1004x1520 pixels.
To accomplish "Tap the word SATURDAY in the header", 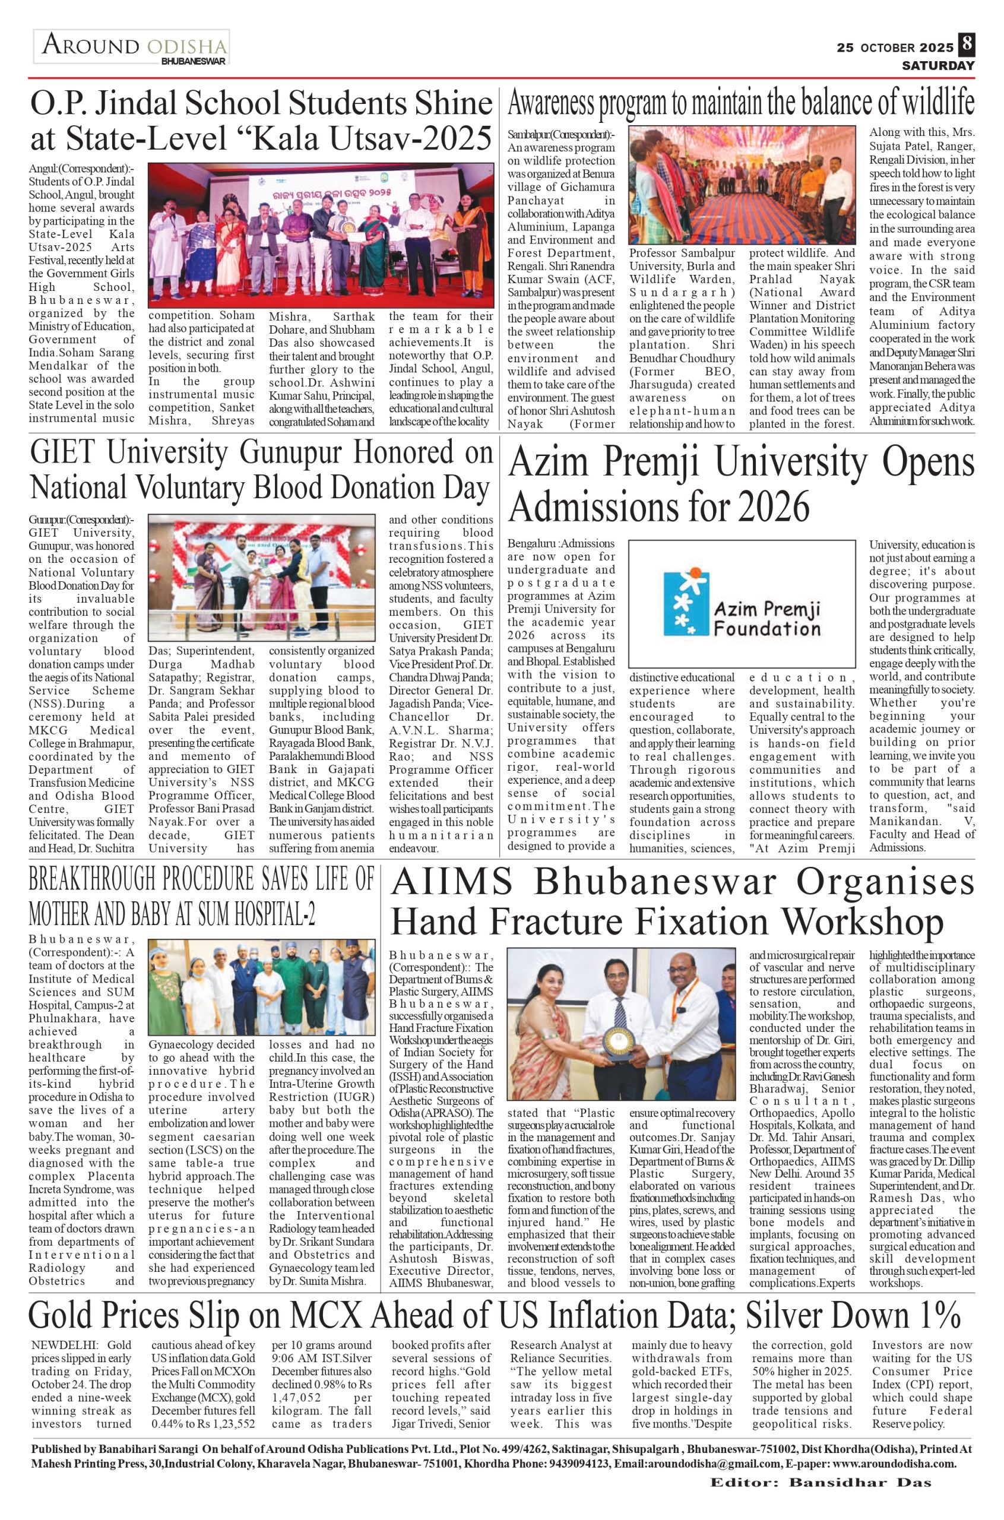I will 938,65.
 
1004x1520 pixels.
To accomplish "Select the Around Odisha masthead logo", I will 132,47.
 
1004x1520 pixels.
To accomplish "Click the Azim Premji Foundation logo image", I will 742,604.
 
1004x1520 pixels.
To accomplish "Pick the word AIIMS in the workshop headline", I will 452,882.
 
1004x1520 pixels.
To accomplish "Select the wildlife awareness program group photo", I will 742,185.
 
